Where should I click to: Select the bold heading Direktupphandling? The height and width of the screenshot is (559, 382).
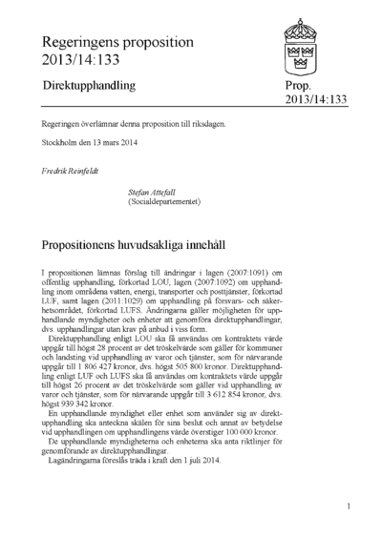[x=88, y=86]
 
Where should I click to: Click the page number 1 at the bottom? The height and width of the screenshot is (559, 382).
[x=350, y=507]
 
